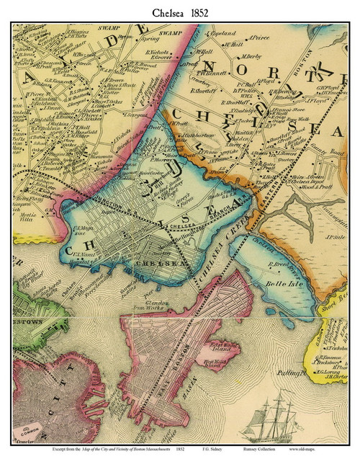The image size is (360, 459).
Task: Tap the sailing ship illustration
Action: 276,419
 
